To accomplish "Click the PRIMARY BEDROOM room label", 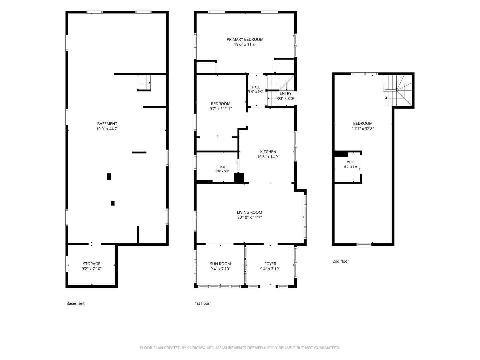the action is pyautogui.click(x=245, y=39).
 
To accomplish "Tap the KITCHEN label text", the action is pyautogui.click(x=268, y=152).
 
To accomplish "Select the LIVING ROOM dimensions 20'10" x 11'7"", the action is pyautogui.click(x=249, y=217).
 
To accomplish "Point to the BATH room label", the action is pyautogui.click(x=222, y=167).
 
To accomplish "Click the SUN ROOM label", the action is pyautogui.click(x=220, y=264).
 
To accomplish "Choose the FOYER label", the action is pyautogui.click(x=270, y=264).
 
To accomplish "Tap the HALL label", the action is pyautogui.click(x=256, y=87).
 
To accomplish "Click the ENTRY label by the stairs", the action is pyautogui.click(x=285, y=93).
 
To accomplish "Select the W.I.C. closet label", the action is pyautogui.click(x=351, y=162).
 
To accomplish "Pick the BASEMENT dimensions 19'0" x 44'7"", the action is pyautogui.click(x=107, y=129).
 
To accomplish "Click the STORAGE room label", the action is pyautogui.click(x=91, y=264).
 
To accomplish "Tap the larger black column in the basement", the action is pyautogui.click(x=109, y=177).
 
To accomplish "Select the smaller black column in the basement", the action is pyautogui.click(x=113, y=203).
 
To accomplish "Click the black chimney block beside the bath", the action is pyautogui.click(x=239, y=177).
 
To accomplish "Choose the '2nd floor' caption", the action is pyautogui.click(x=340, y=261).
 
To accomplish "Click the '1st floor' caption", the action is pyautogui.click(x=202, y=303).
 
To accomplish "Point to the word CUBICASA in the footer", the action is pyautogui.click(x=196, y=348).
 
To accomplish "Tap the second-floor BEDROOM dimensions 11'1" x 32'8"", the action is pyautogui.click(x=363, y=129).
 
